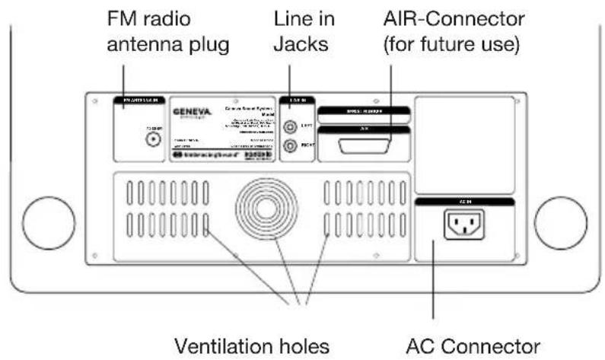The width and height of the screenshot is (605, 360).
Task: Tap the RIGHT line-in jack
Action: (289, 146)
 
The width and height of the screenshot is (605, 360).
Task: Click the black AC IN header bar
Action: (465, 200)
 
